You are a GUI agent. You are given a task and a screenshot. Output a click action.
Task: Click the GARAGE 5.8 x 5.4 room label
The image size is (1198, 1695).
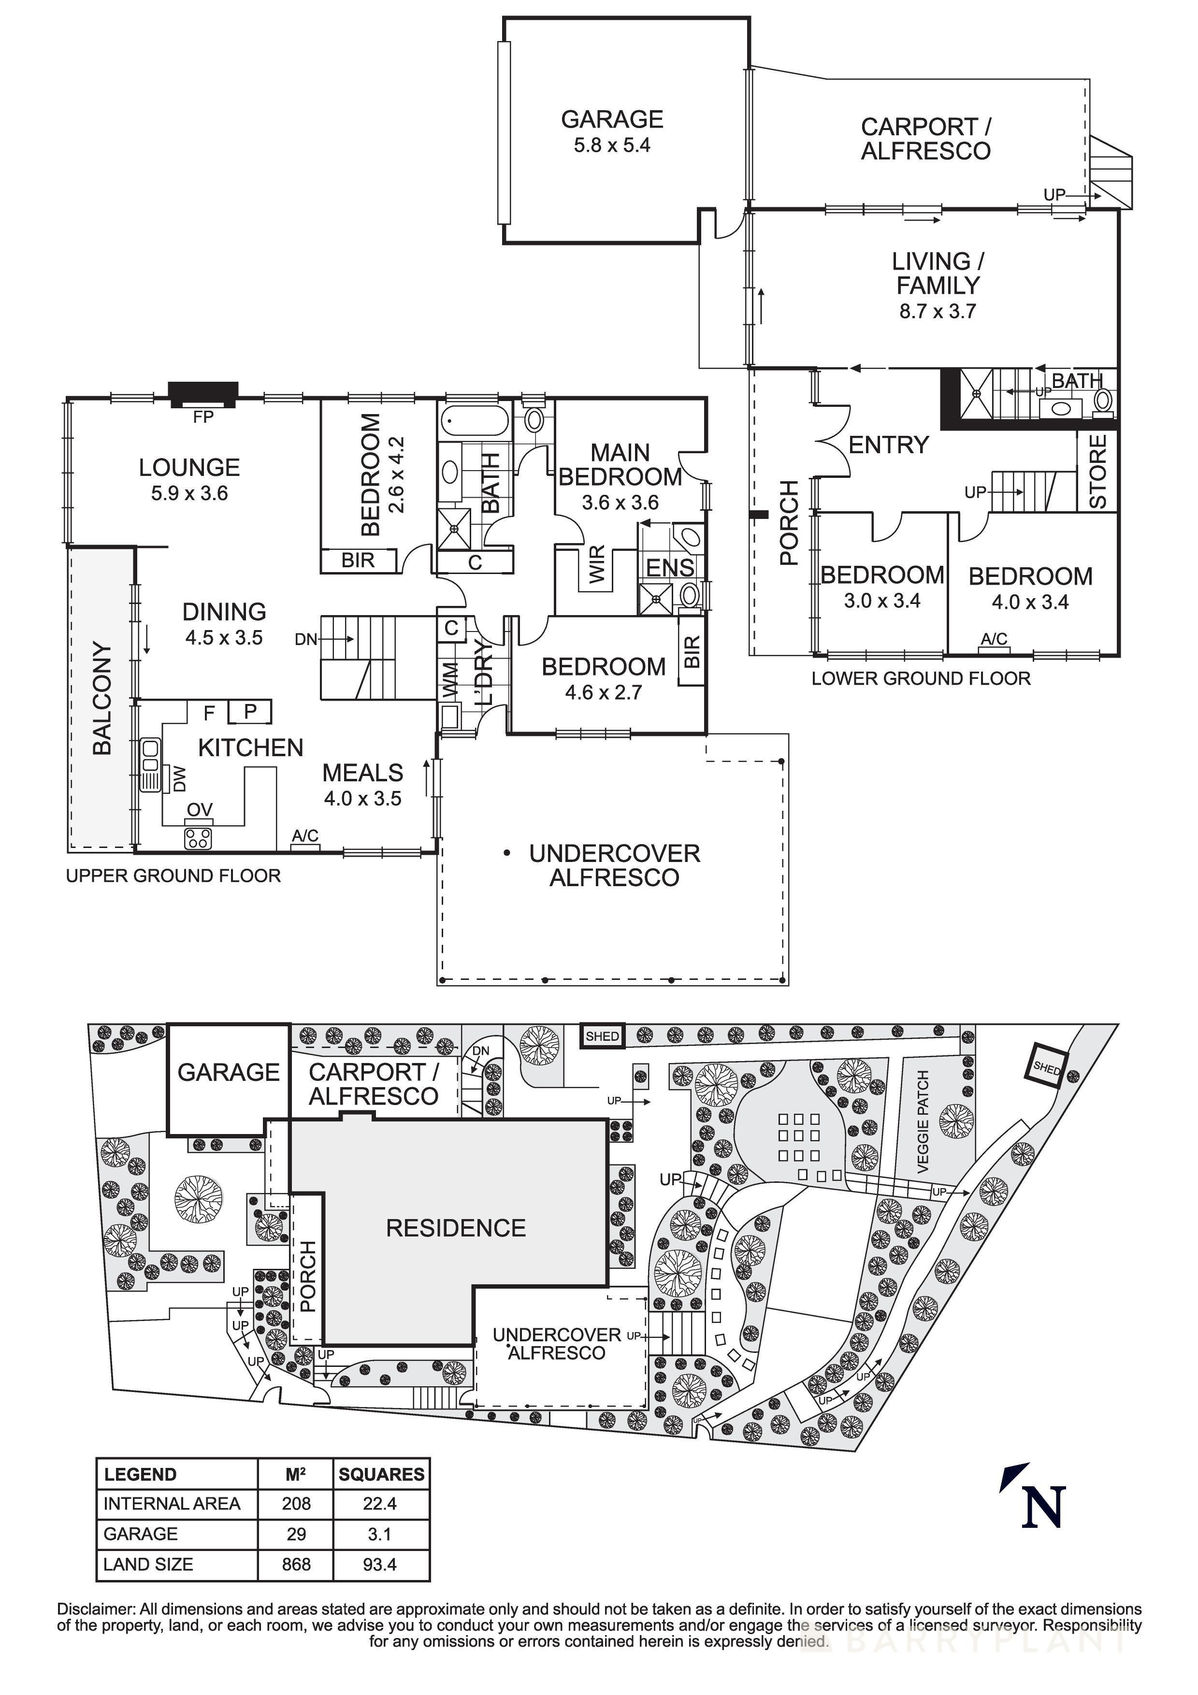point(612,131)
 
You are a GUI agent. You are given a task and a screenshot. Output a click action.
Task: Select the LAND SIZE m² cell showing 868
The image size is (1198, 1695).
point(296,1565)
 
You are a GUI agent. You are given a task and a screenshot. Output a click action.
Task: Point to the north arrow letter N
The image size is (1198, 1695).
point(1043,1506)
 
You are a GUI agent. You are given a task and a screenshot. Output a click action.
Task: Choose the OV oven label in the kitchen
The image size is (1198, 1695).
point(199,810)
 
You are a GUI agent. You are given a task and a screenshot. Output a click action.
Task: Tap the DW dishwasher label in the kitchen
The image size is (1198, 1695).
point(179,779)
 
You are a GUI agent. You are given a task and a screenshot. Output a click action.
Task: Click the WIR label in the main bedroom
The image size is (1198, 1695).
point(597,564)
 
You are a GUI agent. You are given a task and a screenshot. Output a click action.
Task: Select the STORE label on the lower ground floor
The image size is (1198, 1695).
point(1097,471)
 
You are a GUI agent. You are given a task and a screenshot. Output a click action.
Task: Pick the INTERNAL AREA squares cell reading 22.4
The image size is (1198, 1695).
point(380,1504)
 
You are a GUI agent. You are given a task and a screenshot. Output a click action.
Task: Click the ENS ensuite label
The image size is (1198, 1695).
point(670,568)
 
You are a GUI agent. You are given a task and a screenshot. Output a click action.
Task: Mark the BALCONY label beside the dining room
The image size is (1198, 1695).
point(102,698)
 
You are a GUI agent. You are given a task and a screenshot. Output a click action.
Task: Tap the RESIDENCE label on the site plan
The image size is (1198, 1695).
point(455,1228)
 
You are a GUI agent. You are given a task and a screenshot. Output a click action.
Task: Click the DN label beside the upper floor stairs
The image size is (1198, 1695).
point(305,639)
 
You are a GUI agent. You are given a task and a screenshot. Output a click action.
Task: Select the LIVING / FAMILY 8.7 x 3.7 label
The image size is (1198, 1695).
point(938,285)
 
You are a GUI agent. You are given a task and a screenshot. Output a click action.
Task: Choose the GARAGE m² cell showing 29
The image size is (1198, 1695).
point(296,1534)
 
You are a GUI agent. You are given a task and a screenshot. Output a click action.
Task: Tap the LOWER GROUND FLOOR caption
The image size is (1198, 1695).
point(921,678)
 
